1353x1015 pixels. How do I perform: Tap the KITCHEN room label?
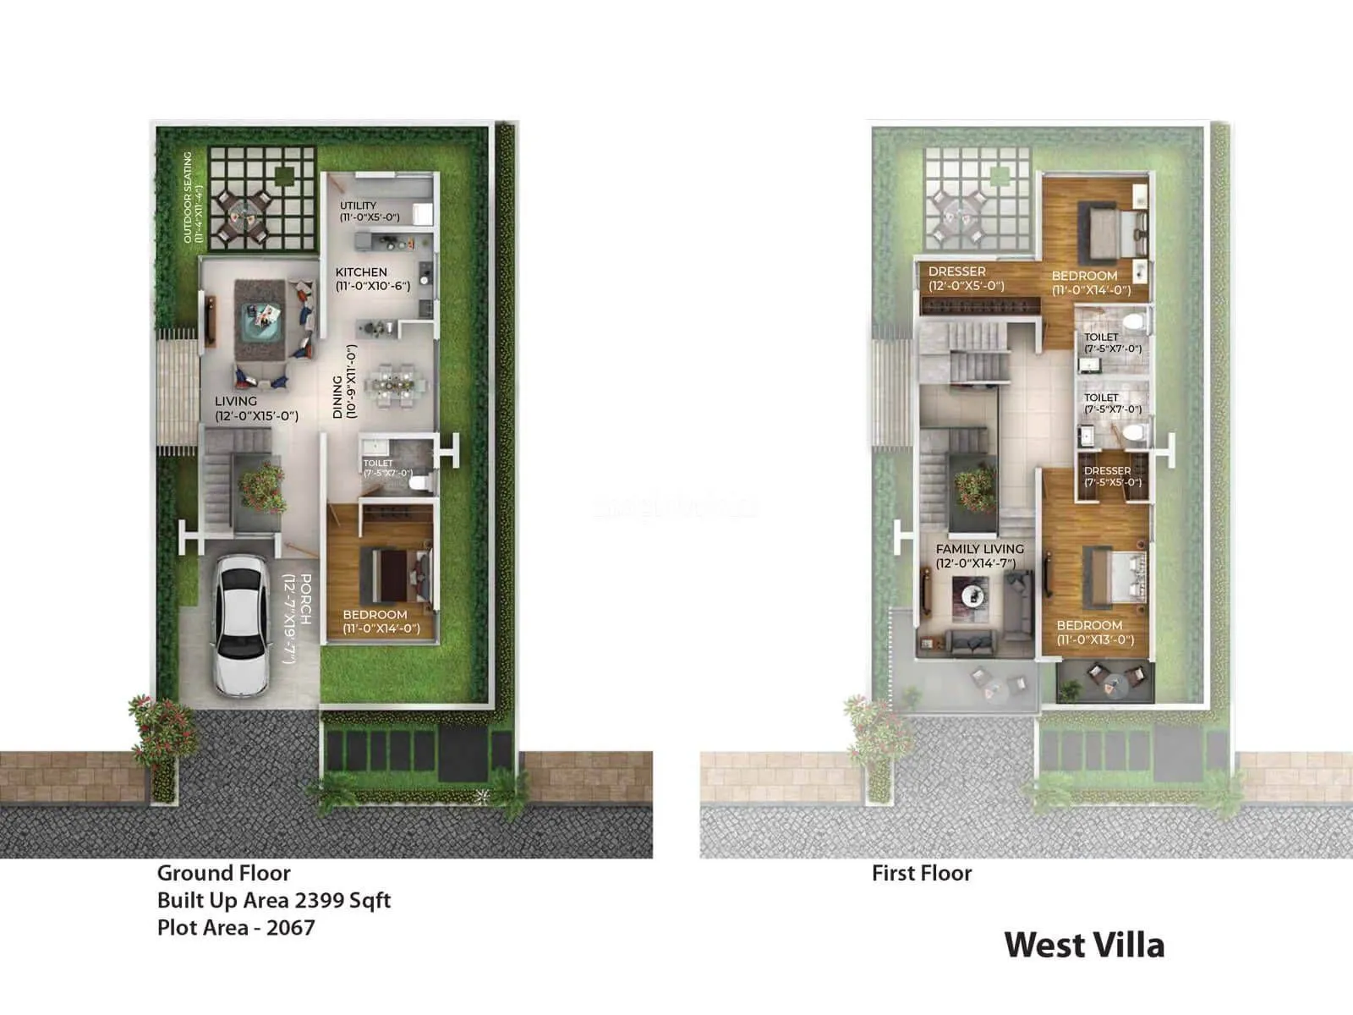tap(361, 272)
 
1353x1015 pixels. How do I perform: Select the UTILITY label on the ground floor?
tap(358, 206)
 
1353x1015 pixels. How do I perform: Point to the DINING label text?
tap(338, 397)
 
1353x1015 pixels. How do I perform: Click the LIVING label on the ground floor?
tap(236, 402)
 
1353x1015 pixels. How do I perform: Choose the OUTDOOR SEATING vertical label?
tap(188, 197)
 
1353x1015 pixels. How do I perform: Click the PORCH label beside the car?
tap(305, 599)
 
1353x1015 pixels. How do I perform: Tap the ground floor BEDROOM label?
tap(375, 615)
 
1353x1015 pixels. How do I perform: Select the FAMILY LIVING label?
tap(979, 549)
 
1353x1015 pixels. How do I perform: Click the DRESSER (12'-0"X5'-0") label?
tap(957, 272)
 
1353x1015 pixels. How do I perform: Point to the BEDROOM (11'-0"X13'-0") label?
tap(1089, 625)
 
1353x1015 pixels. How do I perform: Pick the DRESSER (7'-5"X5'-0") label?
tap(1107, 471)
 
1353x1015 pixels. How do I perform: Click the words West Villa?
tap(1084, 945)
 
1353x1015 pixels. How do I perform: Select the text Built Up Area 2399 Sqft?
tap(274, 900)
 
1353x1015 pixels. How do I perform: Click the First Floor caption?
tap(922, 873)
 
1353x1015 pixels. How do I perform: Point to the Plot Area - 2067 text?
tap(236, 927)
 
